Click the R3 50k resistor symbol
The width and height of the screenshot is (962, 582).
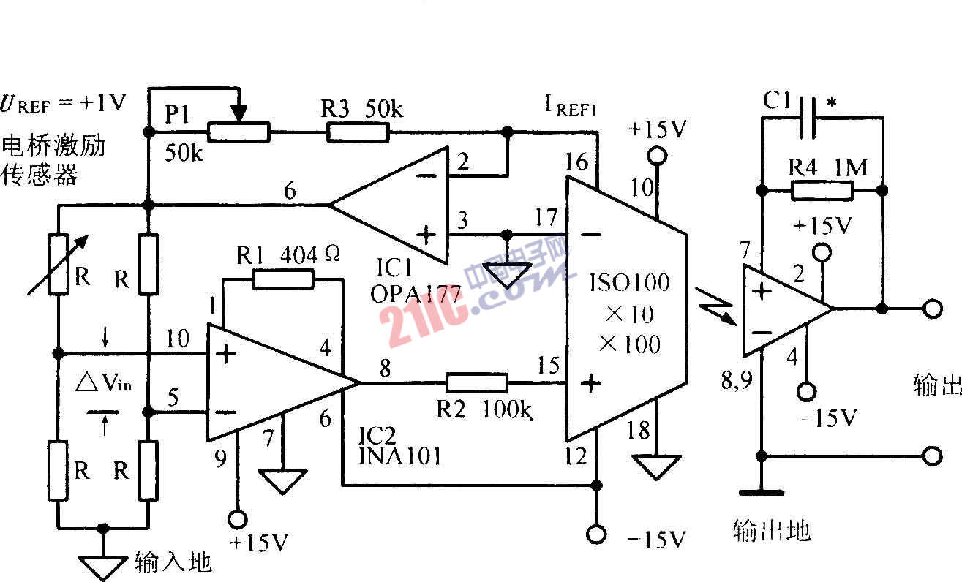[358, 132]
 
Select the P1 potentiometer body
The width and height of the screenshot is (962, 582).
[238, 132]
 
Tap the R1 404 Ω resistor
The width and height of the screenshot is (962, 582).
[282, 279]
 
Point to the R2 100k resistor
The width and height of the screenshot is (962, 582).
[476, 382]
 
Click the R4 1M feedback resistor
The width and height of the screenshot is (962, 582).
[822, 191]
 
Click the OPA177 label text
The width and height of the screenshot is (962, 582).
[416, 294]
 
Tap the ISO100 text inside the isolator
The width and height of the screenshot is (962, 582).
[630, 282]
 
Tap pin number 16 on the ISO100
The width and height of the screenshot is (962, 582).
[576, 162]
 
